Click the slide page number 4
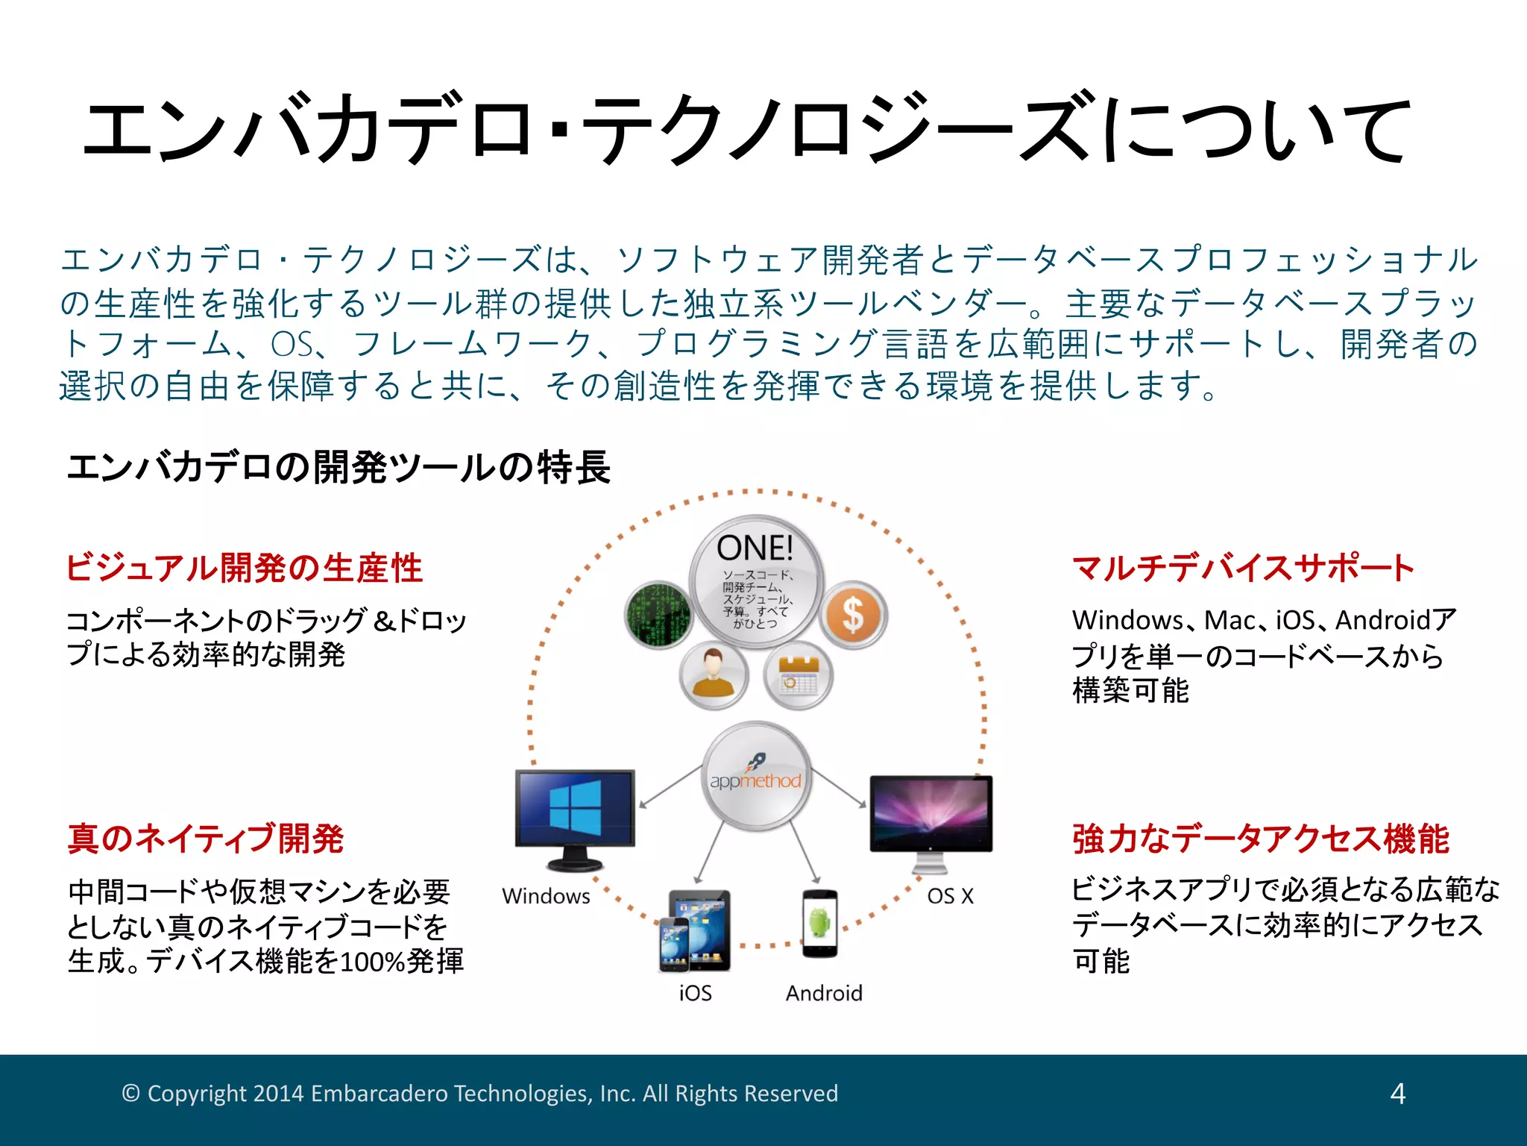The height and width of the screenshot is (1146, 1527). pos(1397,1094)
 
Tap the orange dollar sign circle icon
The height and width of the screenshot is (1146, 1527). pos(854,616)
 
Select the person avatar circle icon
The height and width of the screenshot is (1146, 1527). pos(714,674)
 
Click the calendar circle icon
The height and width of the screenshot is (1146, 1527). pos(798,675)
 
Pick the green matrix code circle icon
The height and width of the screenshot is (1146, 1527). pos(658,615)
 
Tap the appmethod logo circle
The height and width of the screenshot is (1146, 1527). pos(756,777)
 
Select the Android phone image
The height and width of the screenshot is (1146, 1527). pos(819,924)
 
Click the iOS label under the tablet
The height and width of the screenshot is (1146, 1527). pos(695,993)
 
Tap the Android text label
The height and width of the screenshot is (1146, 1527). pos(824,993)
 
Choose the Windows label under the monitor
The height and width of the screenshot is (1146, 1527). pos(546,896)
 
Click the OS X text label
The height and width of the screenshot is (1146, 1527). pos(950,896)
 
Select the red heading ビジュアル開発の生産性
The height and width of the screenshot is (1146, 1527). pos(244,568)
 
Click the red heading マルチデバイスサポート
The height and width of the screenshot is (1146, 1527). pos(1243,568)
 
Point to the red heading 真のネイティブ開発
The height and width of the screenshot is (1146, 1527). pos(205,838)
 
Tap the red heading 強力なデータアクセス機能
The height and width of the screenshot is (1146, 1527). pos(1261,838)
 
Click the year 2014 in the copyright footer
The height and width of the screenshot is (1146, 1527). pos(278,1094)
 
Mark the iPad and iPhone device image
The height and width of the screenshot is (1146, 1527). pos(694,931)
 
